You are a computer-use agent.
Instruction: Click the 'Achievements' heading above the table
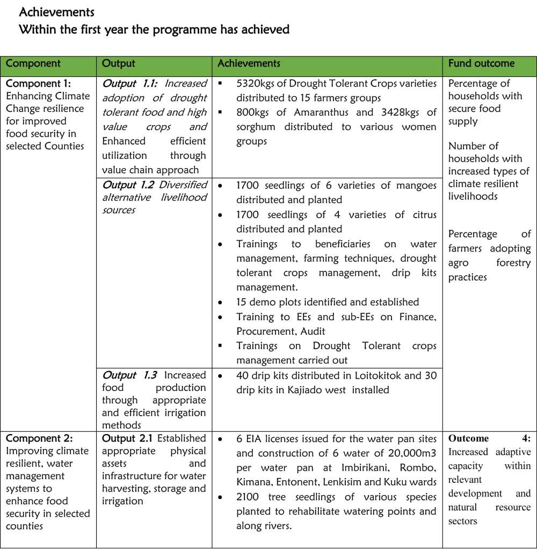point(56,12)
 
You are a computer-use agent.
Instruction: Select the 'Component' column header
point(33,63)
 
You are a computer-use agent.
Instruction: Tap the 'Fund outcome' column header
point(481,63)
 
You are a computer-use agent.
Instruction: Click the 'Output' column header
point(118,63)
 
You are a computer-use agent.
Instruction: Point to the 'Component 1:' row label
point(38,83)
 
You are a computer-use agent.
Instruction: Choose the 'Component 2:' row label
point(38,438)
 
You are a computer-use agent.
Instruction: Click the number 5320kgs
point(256,83)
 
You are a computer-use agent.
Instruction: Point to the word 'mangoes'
point(418,185)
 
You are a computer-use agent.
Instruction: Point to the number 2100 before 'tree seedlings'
point(248,496)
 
